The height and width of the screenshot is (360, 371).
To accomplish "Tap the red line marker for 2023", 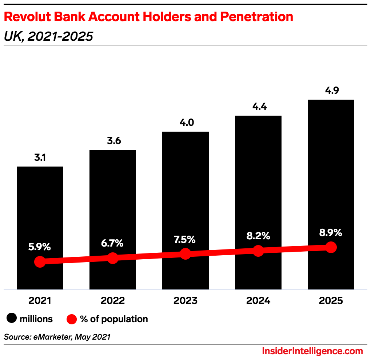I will point(185,254).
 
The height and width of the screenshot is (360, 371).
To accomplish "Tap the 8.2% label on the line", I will point(258,236).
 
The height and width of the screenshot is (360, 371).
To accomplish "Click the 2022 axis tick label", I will point(113,301).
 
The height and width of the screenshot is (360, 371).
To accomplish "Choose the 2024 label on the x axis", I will point(258,301).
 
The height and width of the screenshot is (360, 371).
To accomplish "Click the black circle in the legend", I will point(12,319).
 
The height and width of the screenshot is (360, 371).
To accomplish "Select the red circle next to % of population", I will point(72,319).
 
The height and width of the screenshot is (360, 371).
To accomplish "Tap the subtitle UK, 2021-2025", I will point(48,36).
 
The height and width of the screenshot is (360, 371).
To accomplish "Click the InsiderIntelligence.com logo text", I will point(312,351).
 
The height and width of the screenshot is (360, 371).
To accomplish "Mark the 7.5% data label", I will point(185,240).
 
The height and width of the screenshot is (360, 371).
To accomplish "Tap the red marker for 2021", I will point(40,261).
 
